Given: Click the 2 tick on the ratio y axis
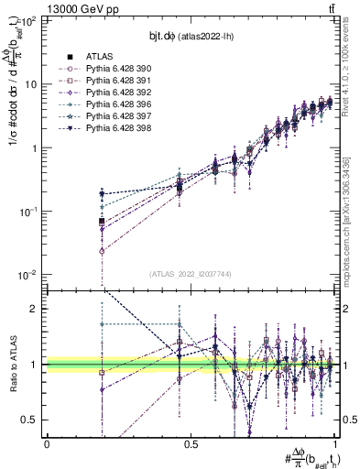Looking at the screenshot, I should [34, 309].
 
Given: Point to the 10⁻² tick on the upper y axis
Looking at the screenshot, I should [27, 275].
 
